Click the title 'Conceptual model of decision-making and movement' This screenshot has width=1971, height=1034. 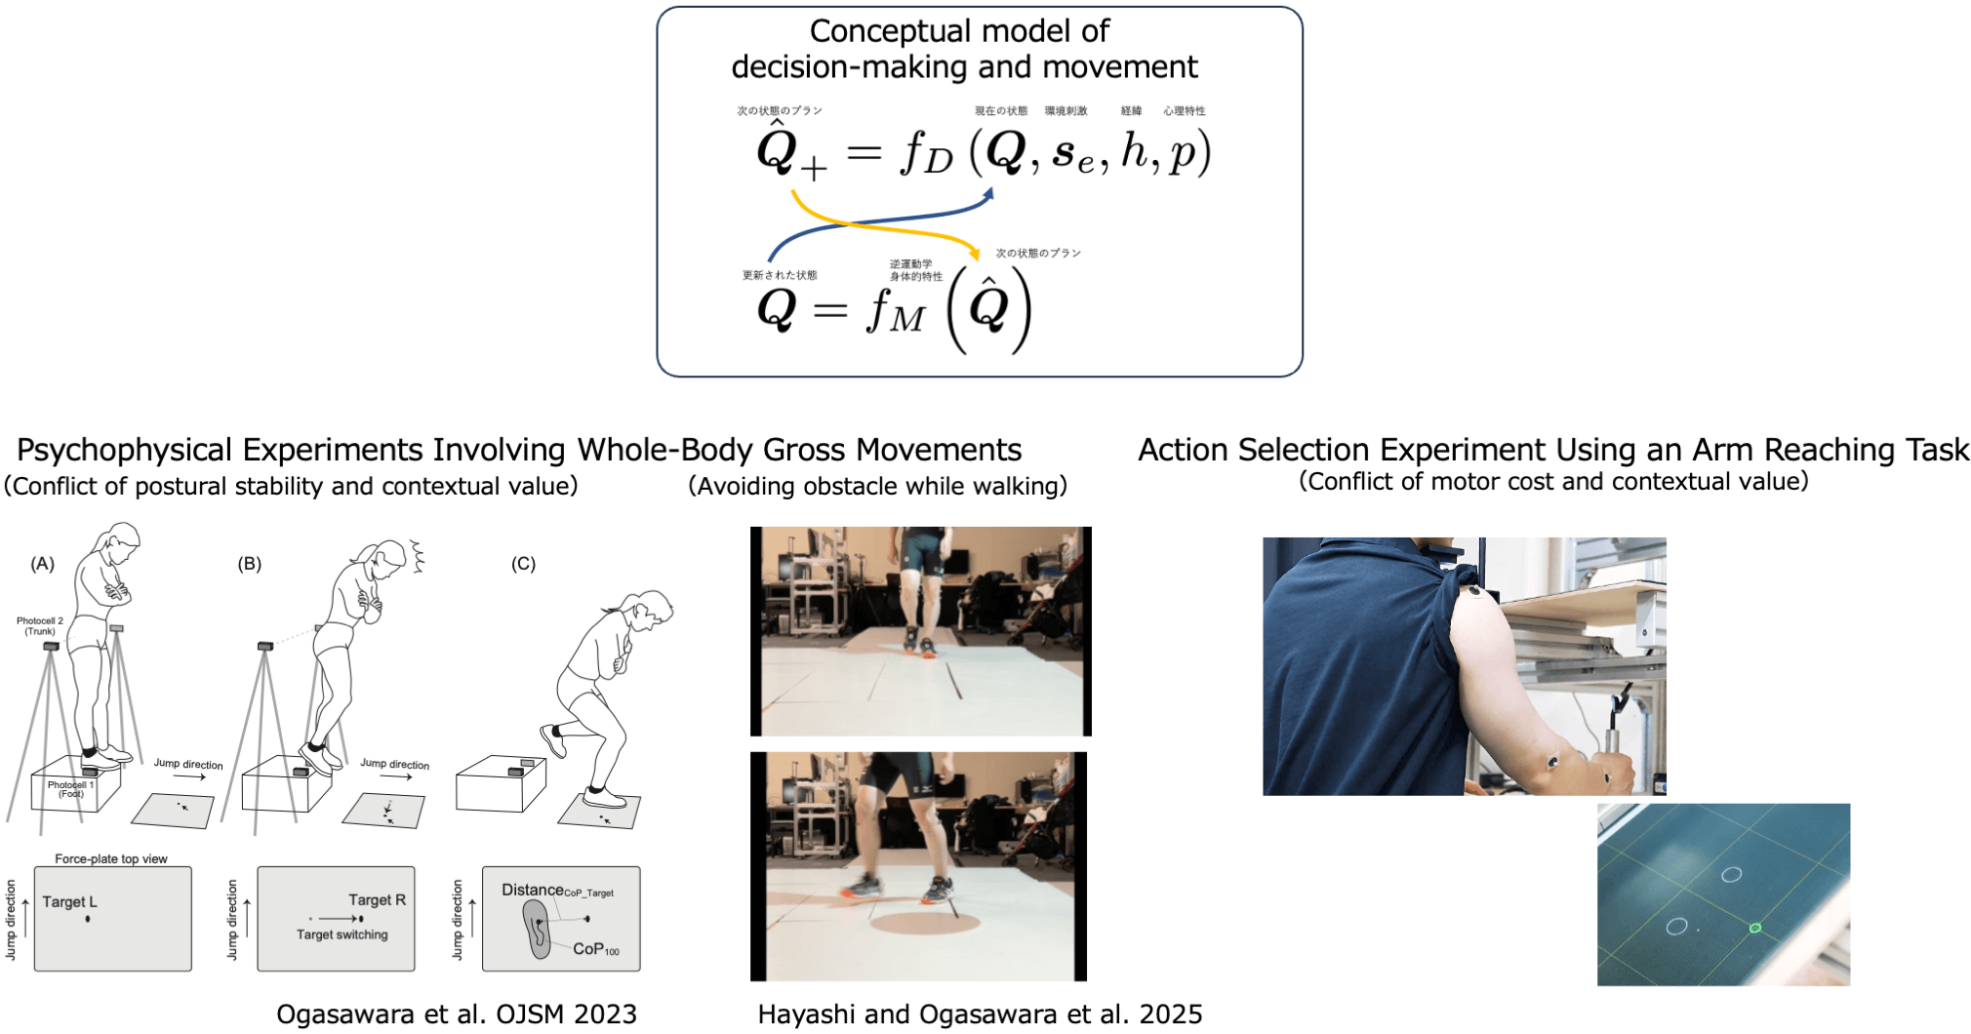(963, 49)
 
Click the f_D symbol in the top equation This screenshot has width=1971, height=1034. (925, 154)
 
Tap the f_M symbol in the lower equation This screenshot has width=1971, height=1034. (894, 311)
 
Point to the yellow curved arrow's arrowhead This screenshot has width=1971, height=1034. (974, 254)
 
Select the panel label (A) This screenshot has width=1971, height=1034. (43, 564)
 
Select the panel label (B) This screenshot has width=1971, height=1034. (250, 564)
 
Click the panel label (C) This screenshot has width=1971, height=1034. (524, 564)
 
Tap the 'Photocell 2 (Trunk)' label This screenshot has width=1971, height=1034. (40, 626)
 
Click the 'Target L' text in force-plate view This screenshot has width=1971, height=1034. (69, 902)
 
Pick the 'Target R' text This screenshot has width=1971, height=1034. (377, 900)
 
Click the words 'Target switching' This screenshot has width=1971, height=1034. (342, 935)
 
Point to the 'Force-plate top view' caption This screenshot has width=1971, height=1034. (111, 859)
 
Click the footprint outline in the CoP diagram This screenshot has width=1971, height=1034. (536, 928)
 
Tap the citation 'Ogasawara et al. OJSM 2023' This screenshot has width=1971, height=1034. (457, 1014)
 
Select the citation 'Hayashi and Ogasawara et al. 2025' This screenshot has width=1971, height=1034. (980, 1014)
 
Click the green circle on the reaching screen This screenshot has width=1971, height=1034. (1755, 928)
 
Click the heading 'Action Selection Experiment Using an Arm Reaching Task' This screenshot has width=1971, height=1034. (1553, 450)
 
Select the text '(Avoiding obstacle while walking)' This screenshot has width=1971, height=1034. (877, 486)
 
